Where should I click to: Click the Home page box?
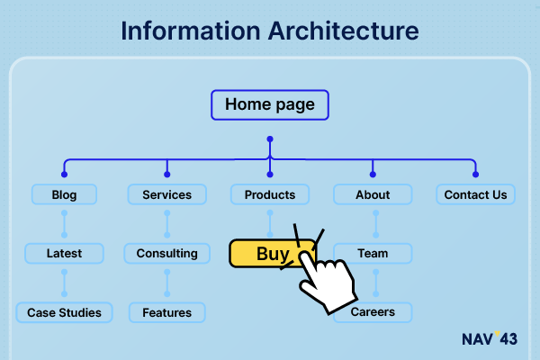pyautogui.click(x=270, y=104)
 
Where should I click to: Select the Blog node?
pyautogui.click(x=64, y=194)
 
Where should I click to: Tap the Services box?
pyautogui.click(x=167, y=194)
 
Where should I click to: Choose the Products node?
pyautogui.click(x=270, y=194)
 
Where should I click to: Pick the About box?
pyautogui.click(x=373, y=194)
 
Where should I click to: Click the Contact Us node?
pyautogui.click(x=475, y=194)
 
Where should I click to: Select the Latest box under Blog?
pyautogui.click(x=64, y=254)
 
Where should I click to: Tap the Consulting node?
pyautogui.click(x=167, y=254)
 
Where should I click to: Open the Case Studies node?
pyautogui.click(x=64, y=312)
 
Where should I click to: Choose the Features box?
pyautogui.click(x=167, y=312)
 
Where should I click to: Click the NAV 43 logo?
pyautogui.click(x=490, y=338)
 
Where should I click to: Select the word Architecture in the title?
pyautogui.click(x=344, y=31)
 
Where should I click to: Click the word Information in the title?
pyautogui.click(x=191, y=31)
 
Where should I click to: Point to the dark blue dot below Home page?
pyautogui.click(x=270, y=139)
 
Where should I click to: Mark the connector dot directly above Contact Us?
pyautogui.click(x=475, y=175)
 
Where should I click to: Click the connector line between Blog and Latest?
pyautogui.click(x=64, y=224)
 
